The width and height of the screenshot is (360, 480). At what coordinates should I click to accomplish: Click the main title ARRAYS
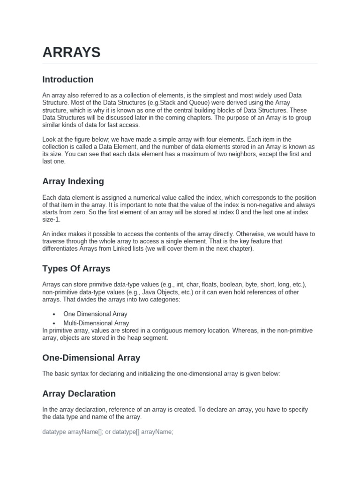point(71,52)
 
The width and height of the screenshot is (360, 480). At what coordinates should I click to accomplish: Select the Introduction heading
point(68,79)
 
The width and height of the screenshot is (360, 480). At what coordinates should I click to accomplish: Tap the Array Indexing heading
point(73,181)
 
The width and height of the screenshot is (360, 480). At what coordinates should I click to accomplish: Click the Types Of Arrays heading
point(76,269)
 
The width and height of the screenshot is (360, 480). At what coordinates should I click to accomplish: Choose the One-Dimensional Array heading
point(91,358)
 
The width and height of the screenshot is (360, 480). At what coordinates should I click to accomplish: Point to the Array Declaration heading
point(79,393)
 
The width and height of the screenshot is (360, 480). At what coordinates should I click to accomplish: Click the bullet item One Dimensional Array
point(95,314)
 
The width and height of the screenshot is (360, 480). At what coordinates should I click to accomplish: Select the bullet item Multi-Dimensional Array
point(96,323)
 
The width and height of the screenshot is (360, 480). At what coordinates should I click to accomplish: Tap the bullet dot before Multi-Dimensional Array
point(55,323)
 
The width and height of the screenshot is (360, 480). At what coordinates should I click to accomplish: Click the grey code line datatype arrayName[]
point(108,432)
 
